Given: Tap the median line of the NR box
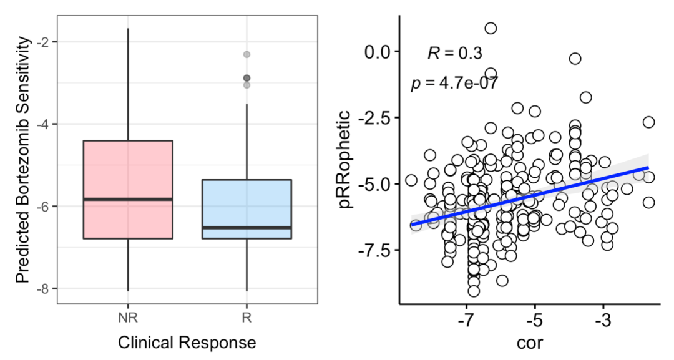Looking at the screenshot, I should pos(127,199).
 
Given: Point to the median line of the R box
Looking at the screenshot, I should pos(247,227).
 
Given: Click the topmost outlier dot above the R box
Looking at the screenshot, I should pos(247,54).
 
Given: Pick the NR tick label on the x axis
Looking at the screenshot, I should pos(127,318).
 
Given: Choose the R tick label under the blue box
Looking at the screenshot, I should pos(247,318).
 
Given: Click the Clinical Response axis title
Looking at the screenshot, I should pos(187,342).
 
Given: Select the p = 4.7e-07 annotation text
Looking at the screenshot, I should pos(454,82).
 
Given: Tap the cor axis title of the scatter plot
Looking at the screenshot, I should pos(534,343).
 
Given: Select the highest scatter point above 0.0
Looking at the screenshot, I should pos(491,28).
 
